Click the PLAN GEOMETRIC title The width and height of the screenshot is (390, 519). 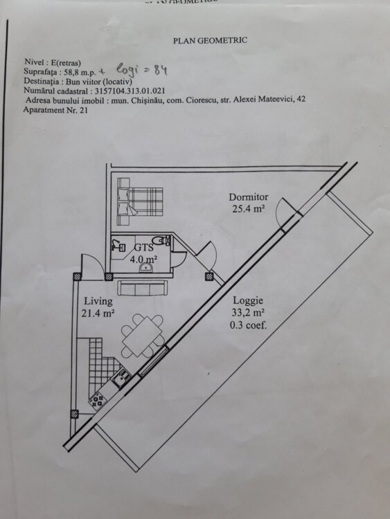tap(210, 40)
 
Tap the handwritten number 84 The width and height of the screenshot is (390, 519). tap(161, 70)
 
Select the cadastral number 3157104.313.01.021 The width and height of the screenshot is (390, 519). tap(130, 91)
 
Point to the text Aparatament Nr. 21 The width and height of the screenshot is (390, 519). tap(55, 110)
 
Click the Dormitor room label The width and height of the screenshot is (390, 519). tap(249, 197)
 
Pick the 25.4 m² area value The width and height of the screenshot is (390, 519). tap(248, 209)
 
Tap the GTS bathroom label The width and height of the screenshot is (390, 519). tap(144, 248)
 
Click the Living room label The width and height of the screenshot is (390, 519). tap(98, 301)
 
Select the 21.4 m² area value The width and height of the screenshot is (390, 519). tap(98, 313)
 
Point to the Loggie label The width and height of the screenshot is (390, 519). tap(248, 300)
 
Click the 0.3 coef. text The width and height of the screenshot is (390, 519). tap(248, 325)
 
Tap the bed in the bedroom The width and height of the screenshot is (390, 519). tap(140, 201)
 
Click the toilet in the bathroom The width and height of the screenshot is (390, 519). tap(161, 240)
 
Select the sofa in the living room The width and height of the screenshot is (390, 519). tap(142, 288)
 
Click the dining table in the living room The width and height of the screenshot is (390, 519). tap(142, 336)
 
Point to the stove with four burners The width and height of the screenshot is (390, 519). tap(97, 401)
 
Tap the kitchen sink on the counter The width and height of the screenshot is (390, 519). tap(121, 376)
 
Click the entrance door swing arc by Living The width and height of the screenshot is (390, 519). tap(94, 262)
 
